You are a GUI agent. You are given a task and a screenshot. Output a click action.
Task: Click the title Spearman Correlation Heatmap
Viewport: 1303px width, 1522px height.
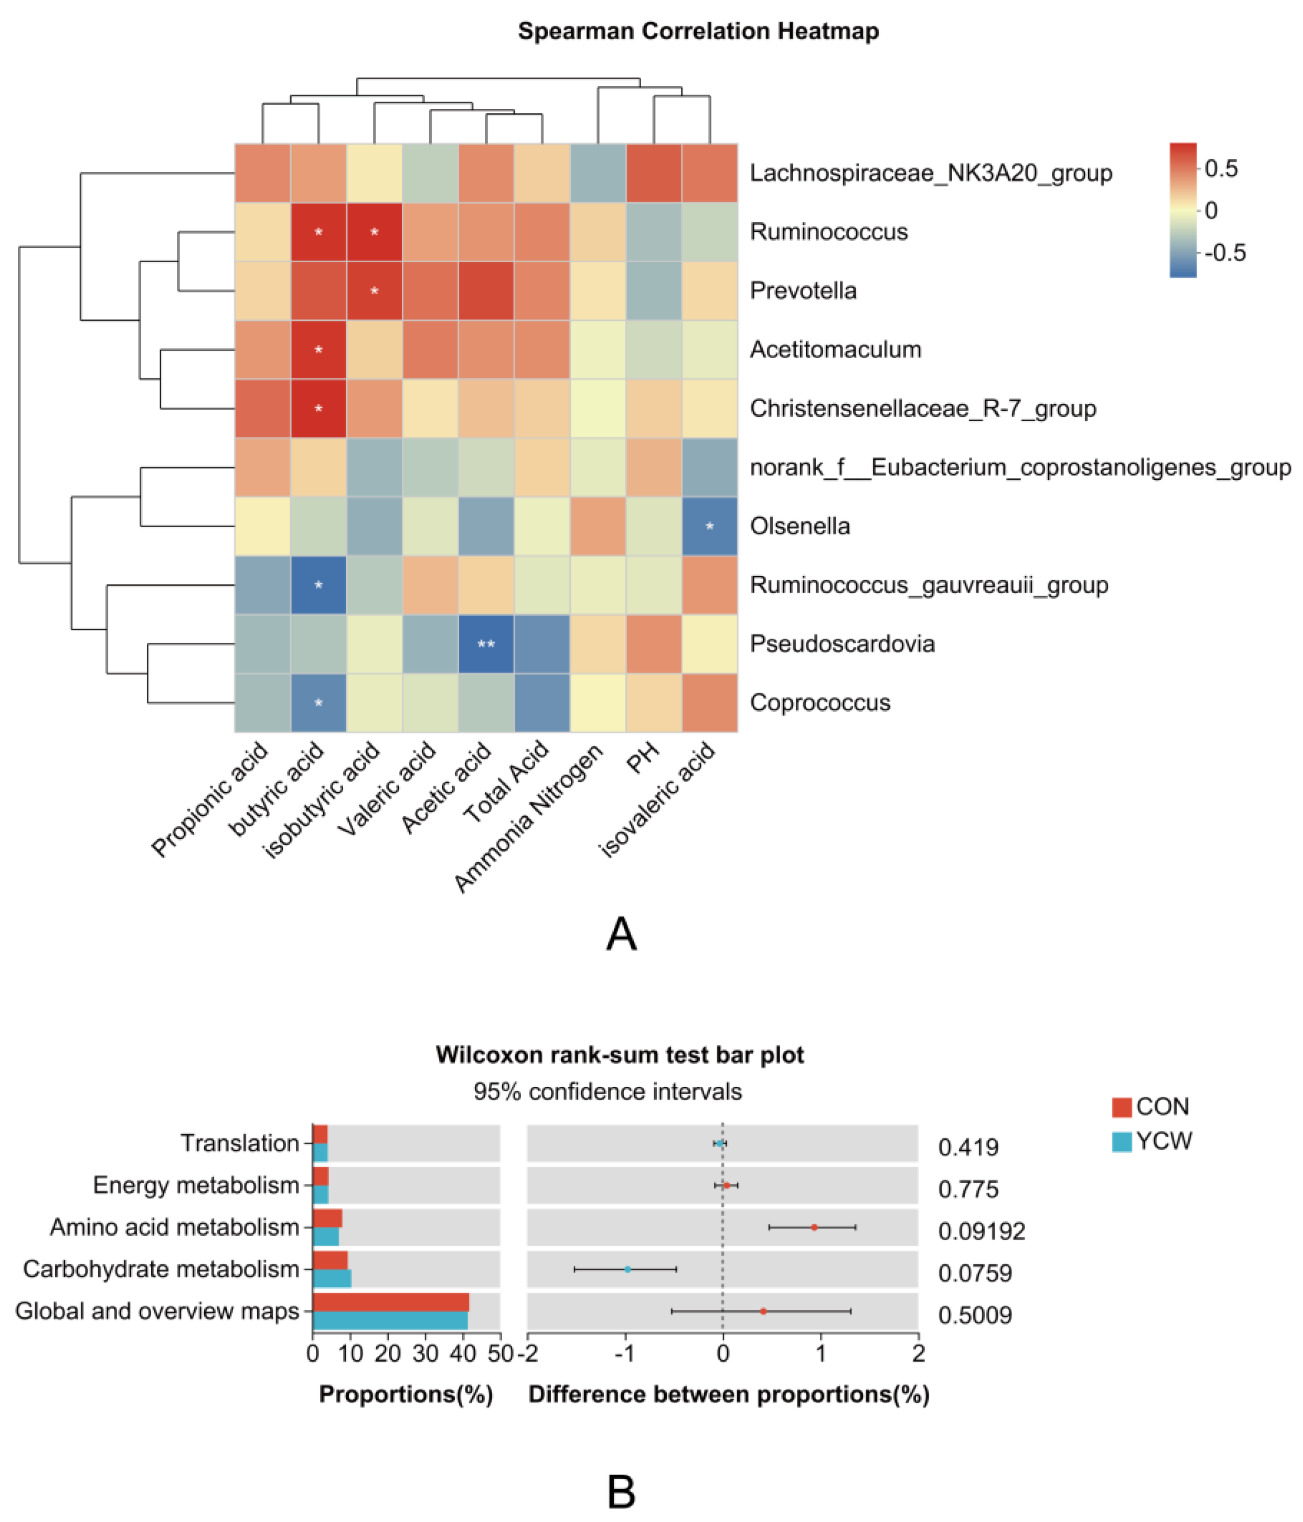pos(698,32)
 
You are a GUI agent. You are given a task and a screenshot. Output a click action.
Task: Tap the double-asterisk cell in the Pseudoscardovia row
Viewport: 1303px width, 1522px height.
pos(485,644)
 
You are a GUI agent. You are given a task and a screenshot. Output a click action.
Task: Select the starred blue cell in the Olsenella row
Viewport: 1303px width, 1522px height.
pos(709,526)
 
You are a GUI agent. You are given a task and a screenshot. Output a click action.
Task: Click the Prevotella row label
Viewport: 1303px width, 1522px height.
pos(803,291)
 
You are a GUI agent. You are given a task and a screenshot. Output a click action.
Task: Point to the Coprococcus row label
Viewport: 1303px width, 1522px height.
pos(820,703)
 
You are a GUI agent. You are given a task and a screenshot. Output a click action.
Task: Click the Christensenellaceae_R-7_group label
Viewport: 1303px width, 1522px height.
pos(922,408)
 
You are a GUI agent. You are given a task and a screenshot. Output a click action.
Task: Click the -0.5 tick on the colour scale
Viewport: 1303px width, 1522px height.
pos(1225,253)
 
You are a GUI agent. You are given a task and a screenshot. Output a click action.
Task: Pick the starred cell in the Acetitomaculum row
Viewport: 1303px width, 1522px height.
pos(318,350)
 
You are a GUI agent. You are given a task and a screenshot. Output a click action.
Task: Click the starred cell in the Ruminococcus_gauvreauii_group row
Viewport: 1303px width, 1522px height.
pos(318,585)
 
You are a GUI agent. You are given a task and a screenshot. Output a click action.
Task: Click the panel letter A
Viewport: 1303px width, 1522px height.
pos(622,935)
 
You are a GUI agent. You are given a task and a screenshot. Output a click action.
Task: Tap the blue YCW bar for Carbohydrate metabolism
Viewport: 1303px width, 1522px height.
pos(332,1278)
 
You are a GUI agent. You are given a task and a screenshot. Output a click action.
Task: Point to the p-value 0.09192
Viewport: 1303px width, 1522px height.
pos(981,1231)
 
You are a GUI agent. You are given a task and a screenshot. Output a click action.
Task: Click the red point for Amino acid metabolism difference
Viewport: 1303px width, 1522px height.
pos(814,1227)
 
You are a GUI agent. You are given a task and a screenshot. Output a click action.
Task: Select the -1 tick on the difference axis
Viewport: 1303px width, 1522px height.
pos(624,1353)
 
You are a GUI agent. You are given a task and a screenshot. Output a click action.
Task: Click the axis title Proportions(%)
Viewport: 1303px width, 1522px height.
pos(406,1394)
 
